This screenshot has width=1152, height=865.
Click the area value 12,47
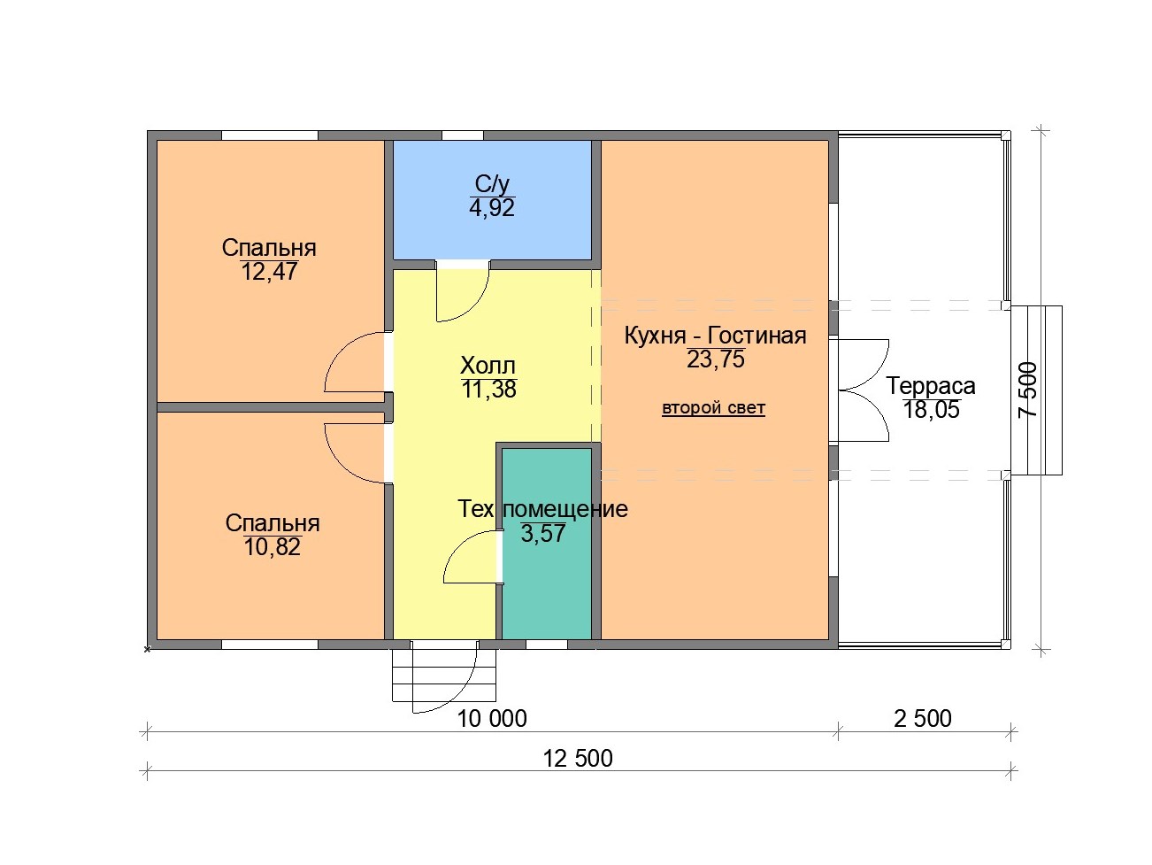(269, 272)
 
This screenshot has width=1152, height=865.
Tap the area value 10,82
(272, 547)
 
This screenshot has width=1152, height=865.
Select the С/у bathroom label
(492, 184)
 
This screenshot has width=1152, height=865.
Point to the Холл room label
(488, 365)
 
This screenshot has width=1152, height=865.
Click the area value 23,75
(715, 359)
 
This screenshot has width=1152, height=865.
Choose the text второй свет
(713, 407)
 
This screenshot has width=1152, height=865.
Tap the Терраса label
(931, 386)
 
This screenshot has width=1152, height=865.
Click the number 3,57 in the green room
(542, 533)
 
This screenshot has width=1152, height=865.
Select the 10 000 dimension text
(492, 718)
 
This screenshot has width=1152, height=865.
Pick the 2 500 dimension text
(923, 718)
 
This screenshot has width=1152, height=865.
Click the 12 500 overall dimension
(577, 759)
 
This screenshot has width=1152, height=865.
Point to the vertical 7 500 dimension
(1027, 390)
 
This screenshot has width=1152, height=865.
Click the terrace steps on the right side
(1037, 390)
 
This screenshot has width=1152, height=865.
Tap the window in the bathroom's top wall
(462, 135)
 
